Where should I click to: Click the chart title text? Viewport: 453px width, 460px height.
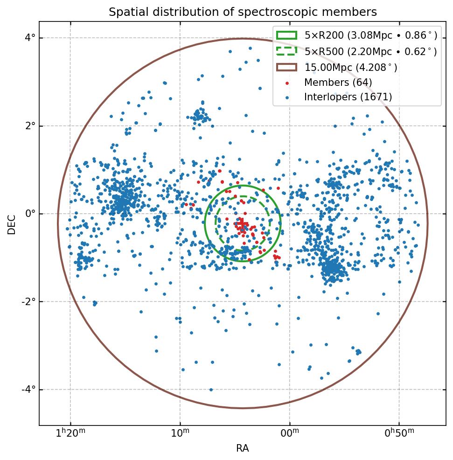243,12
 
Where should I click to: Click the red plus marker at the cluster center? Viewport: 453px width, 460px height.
242,223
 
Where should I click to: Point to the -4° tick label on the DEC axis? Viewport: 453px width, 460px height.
29,390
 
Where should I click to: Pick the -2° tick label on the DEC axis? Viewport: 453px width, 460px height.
29,302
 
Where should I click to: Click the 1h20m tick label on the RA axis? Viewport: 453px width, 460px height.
70,433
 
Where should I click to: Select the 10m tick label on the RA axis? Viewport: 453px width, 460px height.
180,433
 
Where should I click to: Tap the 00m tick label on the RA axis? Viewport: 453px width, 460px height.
289,433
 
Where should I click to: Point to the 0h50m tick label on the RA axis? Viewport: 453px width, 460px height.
399,433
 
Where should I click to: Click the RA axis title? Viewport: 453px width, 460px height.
243,448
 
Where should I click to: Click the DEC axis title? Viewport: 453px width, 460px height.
12,224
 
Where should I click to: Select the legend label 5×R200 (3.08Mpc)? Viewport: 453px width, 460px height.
371,35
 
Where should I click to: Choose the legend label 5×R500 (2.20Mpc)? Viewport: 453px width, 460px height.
371,51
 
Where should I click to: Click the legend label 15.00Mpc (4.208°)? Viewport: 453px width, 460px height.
351,68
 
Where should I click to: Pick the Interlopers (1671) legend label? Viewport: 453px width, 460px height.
348,97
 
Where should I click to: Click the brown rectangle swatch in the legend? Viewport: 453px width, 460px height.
286,67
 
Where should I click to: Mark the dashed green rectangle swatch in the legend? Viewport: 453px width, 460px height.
286,51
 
